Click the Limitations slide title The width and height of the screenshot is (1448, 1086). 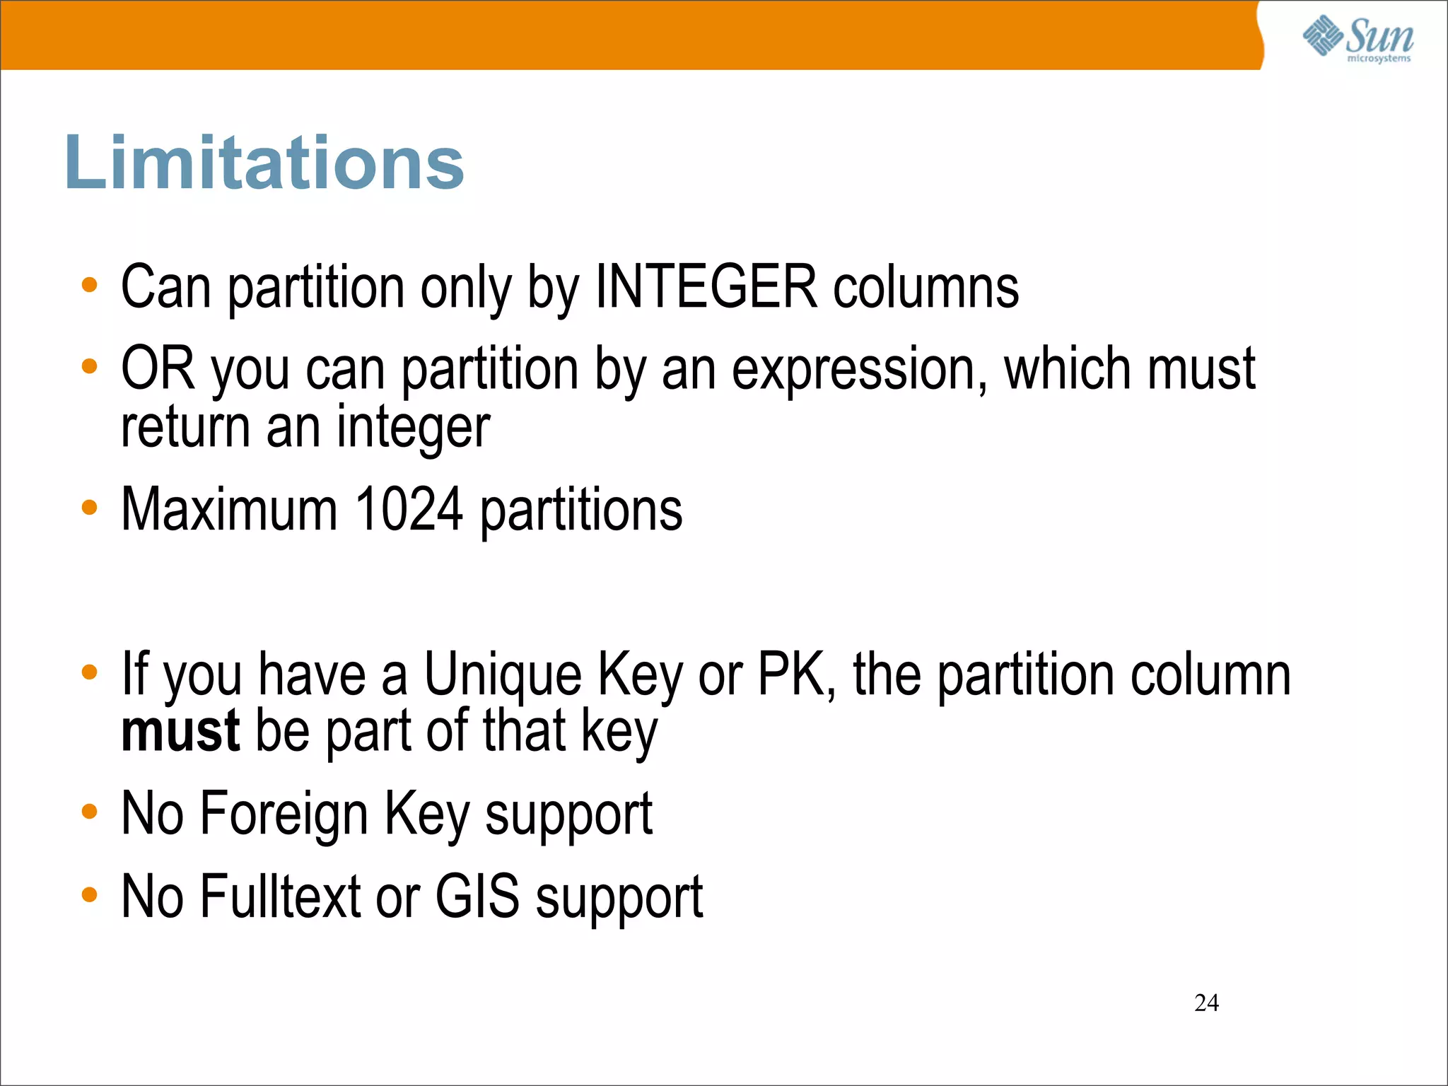pyautogui.click(x=264, y=163)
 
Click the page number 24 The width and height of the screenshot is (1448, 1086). pyautogui.click(x=1206, y=1003)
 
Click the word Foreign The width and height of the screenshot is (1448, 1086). pyautogui.click(x=284, y=814)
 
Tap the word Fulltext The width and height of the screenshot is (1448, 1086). pyautogui.click(x=281, y=897)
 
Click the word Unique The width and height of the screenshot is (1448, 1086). pyautogui.click(x=503, y=675)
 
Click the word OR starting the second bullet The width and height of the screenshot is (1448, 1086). pyautogui.click(x=158, y=368)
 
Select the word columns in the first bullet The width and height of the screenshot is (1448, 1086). pyautogui.click(x=926, y=287)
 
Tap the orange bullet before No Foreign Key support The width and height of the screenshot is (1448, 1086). pyautogui.click(x=89, y=812)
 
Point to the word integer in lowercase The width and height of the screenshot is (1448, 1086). pyautogui.click(x=413, y=428)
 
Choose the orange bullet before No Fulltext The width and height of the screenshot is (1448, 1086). pyautogui.click(x=89, y=894)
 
